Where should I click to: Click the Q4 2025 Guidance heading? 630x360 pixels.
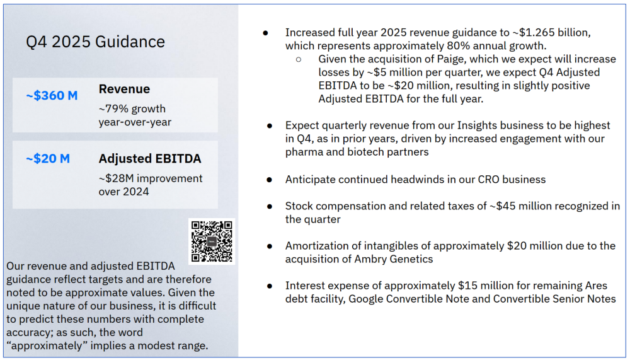pyautogui.click(x=95, y=42)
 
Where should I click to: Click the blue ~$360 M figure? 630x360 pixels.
pyautogui.click(x=52, y=96)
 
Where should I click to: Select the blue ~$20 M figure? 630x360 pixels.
pyautogui.click(x=48, y=159)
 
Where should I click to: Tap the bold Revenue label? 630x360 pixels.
pyautogui.click(x=124, y=90)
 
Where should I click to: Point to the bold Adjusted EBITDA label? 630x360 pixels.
pyautogui.click(x=149, y=159)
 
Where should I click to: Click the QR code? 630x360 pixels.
pyautogui.click(x=211, y=241)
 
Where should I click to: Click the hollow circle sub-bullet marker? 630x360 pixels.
pyautogui.click(x=299, y=59)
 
